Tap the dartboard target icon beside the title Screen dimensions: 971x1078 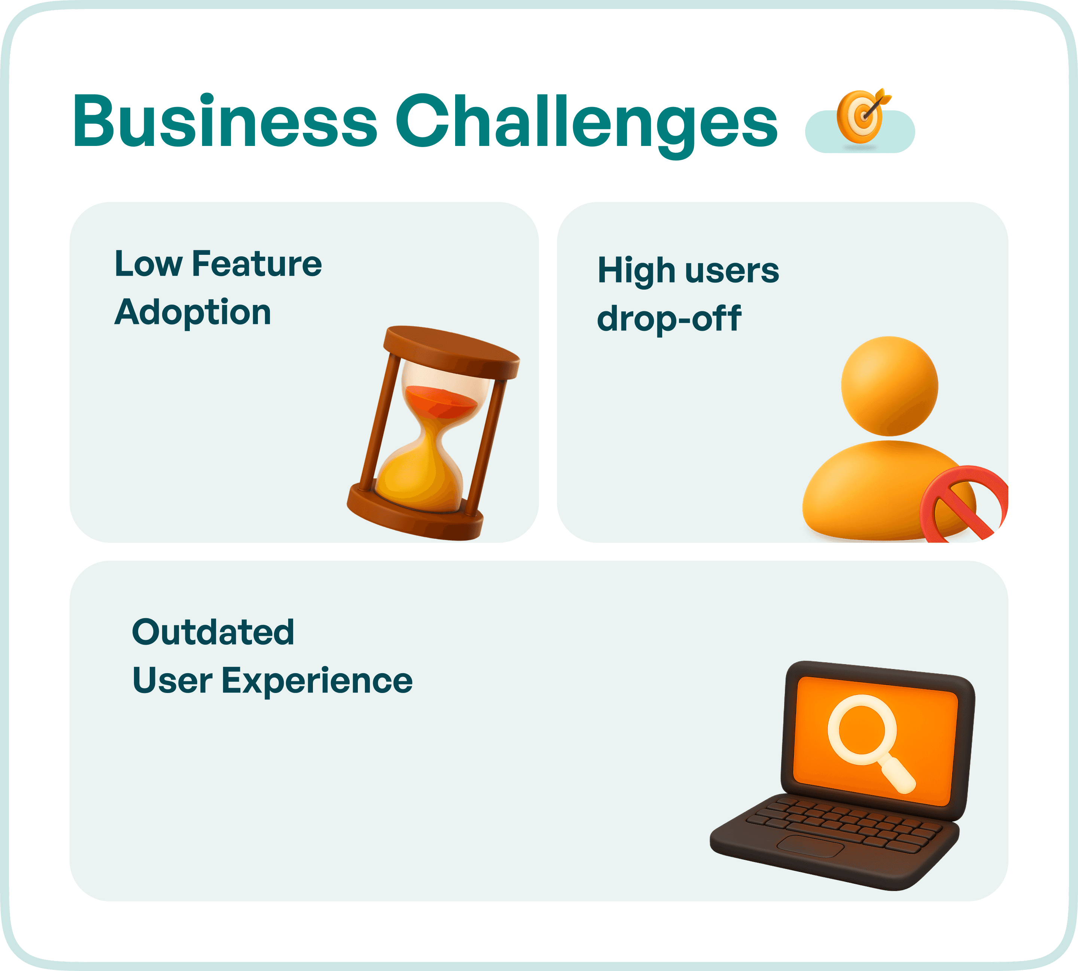click(860, 117)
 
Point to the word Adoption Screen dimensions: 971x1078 click(193, 313)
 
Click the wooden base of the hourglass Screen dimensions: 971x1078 click(415, 513)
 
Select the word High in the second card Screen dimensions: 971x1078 click(636, 271)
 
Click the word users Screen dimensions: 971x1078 click(732, 271)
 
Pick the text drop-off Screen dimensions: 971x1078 click(669, 319)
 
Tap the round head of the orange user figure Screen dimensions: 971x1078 click(889, 385)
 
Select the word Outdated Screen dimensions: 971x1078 click(213, 632)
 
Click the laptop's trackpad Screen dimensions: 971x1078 click(810, 846)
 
